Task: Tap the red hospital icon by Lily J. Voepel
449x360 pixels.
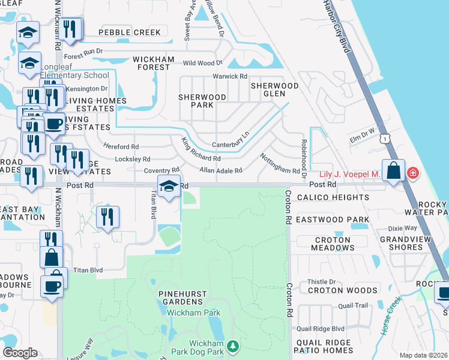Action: pos(412,173)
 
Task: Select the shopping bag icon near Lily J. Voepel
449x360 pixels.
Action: pos(393,170)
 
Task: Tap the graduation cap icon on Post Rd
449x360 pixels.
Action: pos(169,186)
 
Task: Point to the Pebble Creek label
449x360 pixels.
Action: pos(130,32)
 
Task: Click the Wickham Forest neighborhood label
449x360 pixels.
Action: pos(153,63)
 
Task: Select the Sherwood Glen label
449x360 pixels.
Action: pos(274,90)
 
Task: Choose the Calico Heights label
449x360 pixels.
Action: pos(340,197)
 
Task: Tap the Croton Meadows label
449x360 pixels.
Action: pos(332,244)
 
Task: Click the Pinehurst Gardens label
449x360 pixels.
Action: pos(182,298)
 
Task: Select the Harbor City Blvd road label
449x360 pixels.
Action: pos(336,27)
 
